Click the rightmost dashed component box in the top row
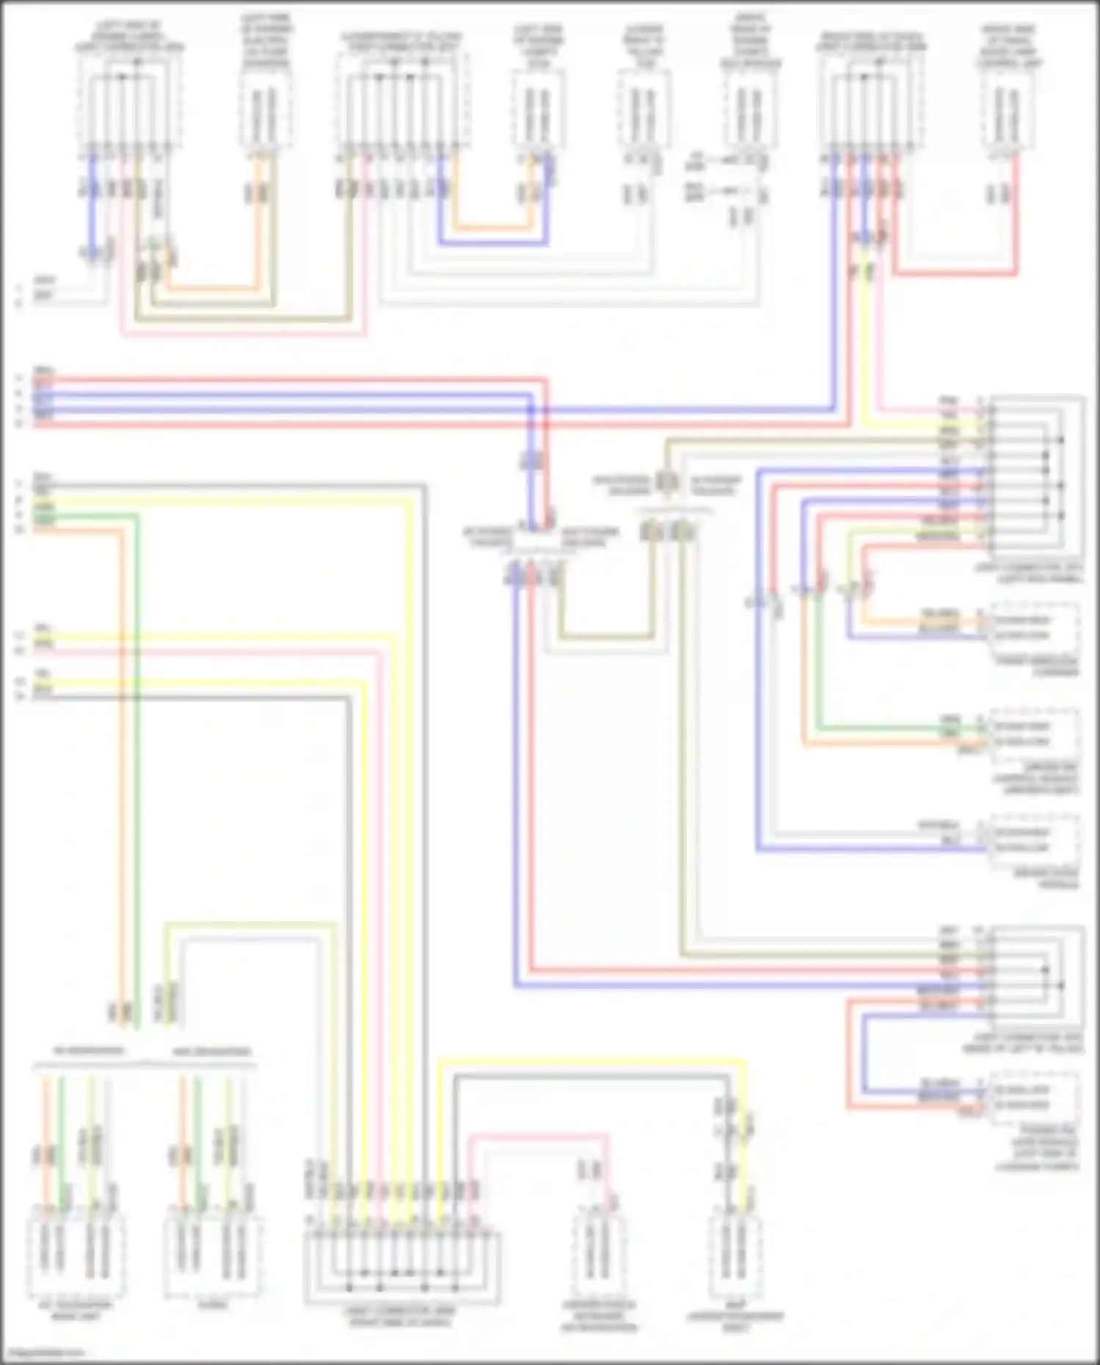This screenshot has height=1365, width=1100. coord(1007,110)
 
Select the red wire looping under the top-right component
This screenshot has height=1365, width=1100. coord(954,274)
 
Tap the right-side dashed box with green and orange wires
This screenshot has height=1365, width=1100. coord(1035,733)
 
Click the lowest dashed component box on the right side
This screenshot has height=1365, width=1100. coord(1035,1098)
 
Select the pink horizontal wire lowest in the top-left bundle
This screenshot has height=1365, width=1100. coord(242,335)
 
